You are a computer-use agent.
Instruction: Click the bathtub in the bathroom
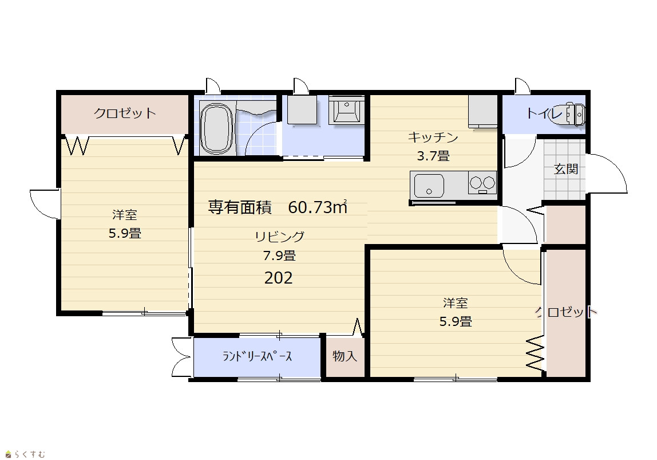click(216, 128)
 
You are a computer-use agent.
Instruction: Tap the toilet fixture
click(575, 113)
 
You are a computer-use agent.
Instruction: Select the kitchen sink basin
click(429, 186)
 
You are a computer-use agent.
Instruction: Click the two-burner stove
click(482, 183)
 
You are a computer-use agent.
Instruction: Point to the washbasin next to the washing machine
click(345, 109)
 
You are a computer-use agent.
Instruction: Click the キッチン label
click(433, 137)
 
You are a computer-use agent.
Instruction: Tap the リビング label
click(279, 237)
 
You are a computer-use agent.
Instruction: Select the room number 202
click(278, 278)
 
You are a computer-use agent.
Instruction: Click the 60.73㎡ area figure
click(318, 207)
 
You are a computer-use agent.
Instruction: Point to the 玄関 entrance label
click(566, 169)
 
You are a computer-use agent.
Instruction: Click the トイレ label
click(544, 113)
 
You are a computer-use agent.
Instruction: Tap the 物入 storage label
click(345, 356)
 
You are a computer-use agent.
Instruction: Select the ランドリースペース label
click(258, 356)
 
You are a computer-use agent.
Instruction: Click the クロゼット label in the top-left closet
click(125, 113)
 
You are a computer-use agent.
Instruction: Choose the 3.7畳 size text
click(433, 156)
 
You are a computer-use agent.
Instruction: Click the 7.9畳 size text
click(279, 255)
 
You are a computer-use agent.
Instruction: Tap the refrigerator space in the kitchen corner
click(482, 111)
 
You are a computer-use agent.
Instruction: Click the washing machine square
click(302, 109)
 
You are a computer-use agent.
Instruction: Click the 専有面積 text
click(240, 207)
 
